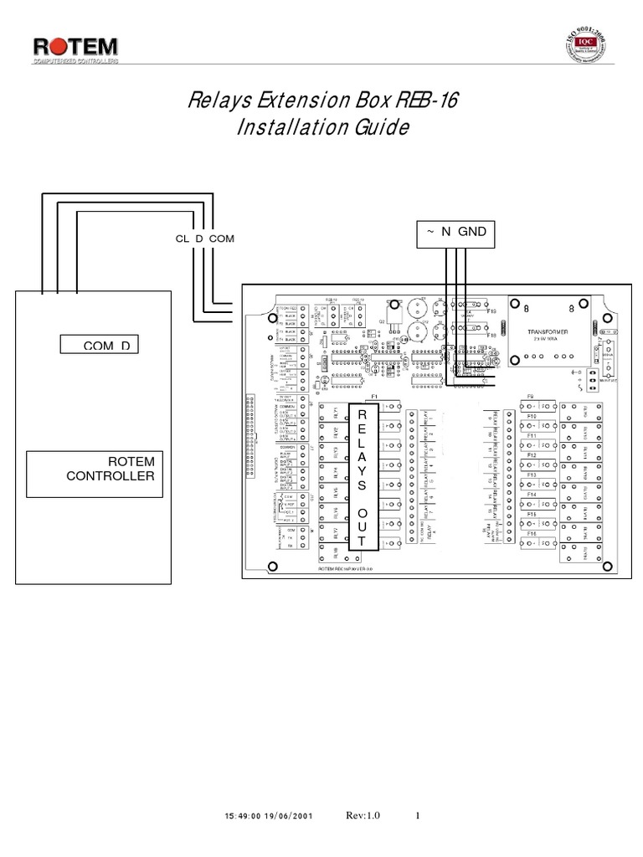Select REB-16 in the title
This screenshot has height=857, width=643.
coord(432,101)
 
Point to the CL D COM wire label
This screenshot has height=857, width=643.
coord(204,239)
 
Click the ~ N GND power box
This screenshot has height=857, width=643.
coord(457,232)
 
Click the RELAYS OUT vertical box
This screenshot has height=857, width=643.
coord(362,478)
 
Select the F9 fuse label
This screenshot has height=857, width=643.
coord(530,396)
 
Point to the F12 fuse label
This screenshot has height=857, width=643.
coord(531,455)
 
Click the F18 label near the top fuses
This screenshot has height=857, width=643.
coord(491,334)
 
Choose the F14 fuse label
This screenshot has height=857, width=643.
coord(531,495)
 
